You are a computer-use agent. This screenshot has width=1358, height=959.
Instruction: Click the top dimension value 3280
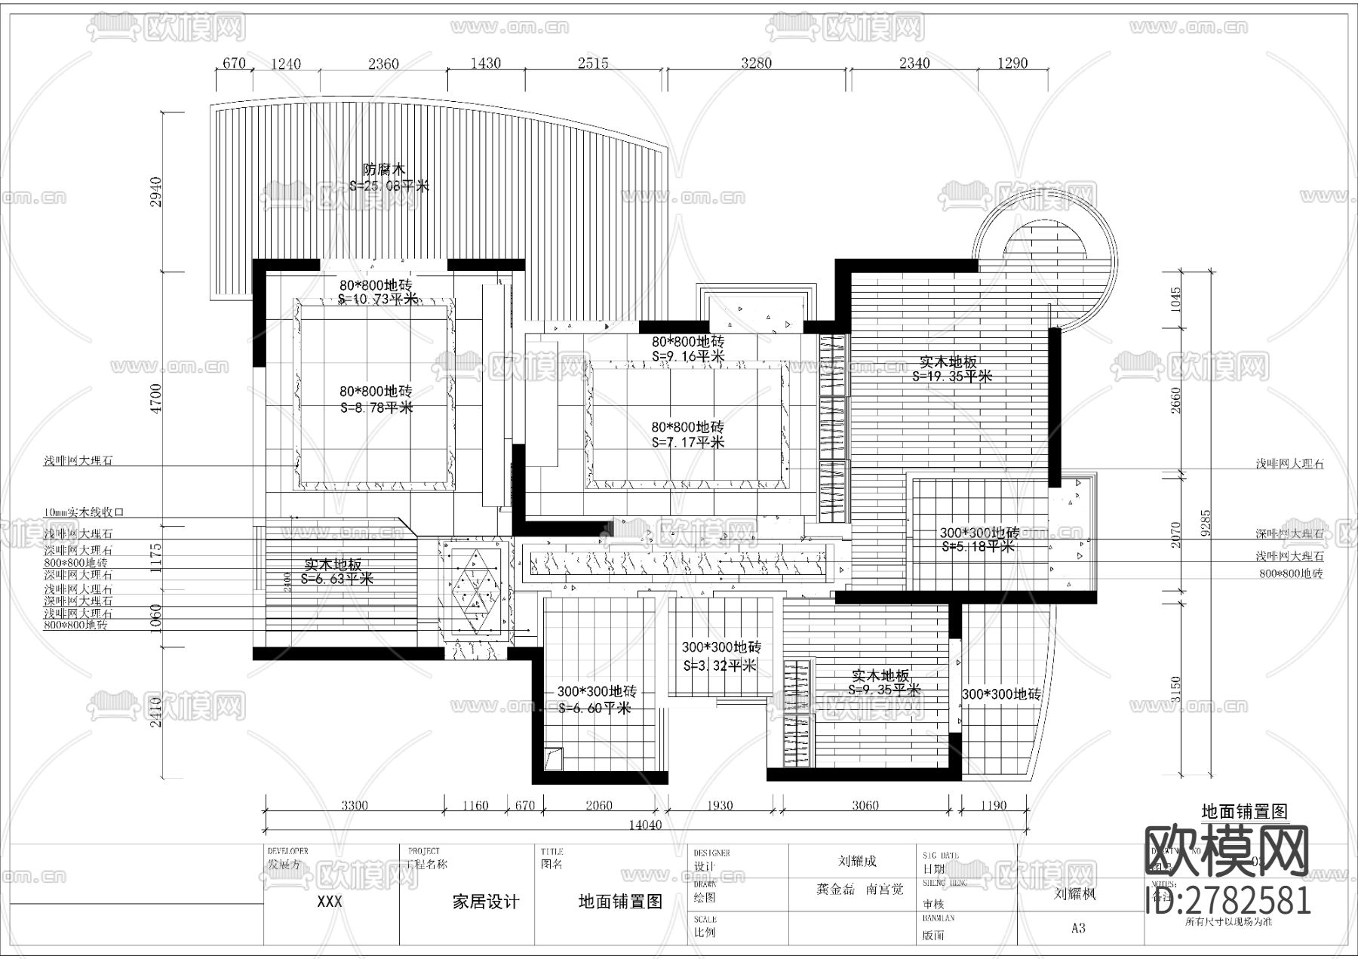(x=756, y=63)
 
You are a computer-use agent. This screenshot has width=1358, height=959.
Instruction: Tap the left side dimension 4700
(x=156, y=398)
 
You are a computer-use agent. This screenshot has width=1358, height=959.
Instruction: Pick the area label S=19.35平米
(x=952, y=376)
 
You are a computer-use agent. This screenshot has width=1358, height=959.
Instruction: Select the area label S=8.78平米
(x=376, y=407)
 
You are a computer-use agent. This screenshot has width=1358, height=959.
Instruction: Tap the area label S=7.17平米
(x=688, y=442)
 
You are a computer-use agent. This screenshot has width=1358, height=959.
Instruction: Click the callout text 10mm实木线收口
(x=83, y=512)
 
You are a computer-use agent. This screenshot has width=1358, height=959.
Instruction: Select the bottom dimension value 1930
(x=720, y=805)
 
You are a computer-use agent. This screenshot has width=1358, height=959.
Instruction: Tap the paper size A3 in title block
(x=1078, y=928)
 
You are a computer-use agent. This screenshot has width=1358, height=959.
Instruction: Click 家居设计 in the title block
(x=486, y=902)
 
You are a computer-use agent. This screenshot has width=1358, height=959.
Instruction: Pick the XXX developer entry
(x=330, y=902)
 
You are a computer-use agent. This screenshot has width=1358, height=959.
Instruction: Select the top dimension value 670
(x=235, y=63)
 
